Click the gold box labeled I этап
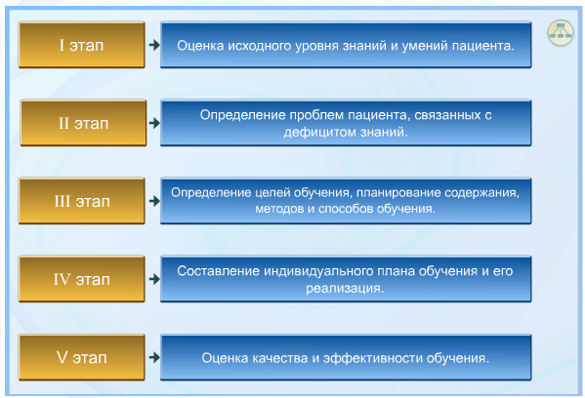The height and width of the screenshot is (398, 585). (82, 45)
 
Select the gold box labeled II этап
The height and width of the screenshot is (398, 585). (83, 123)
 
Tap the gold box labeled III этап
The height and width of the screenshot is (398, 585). (82, 201)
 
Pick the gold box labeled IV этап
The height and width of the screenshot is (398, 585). (82, 279)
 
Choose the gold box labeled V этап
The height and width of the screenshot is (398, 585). (82, 357)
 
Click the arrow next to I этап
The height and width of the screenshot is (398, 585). (154, 45)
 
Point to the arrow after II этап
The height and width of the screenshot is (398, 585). (154, 123)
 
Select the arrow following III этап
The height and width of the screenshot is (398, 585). (154, 201)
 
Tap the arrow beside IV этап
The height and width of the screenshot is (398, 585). (154, 279)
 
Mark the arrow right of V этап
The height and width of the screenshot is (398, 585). (154, 357)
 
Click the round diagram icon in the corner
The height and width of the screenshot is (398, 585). (560, 33)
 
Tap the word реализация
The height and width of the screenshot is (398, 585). (345, 288)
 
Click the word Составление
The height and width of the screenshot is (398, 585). (218, 271)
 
